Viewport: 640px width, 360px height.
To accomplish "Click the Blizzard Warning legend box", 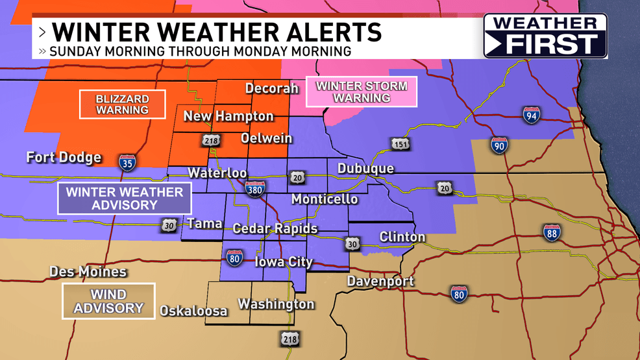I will (122, 104).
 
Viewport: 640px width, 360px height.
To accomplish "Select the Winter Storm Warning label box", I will (362, 92).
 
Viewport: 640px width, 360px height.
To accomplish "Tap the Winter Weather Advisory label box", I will (124, 198).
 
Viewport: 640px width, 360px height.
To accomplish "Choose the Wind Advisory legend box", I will (108, 301).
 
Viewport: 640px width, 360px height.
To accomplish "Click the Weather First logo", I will (545, 36).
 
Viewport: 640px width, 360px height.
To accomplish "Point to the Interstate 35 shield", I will (127, 162).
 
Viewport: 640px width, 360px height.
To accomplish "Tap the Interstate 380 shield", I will (255, 188).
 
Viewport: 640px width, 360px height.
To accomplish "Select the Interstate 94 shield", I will (531, 115).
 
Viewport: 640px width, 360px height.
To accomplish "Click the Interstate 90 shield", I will (498, 144).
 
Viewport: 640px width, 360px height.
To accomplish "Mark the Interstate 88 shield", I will (552, 233).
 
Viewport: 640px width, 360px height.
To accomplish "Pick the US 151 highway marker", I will (400, 144).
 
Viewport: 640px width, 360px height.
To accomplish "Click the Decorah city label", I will (271, 88).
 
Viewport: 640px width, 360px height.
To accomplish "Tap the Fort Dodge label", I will (64, 158).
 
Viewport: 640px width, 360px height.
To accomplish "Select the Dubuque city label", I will (365, 169).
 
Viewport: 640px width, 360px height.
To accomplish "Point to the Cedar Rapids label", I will (275, 228).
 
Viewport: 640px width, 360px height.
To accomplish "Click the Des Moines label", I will (88, 272).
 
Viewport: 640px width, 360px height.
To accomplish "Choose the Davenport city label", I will (380, 282).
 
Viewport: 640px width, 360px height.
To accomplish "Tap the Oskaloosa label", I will (194, 311).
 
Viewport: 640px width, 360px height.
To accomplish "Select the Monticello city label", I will (324, 198).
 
